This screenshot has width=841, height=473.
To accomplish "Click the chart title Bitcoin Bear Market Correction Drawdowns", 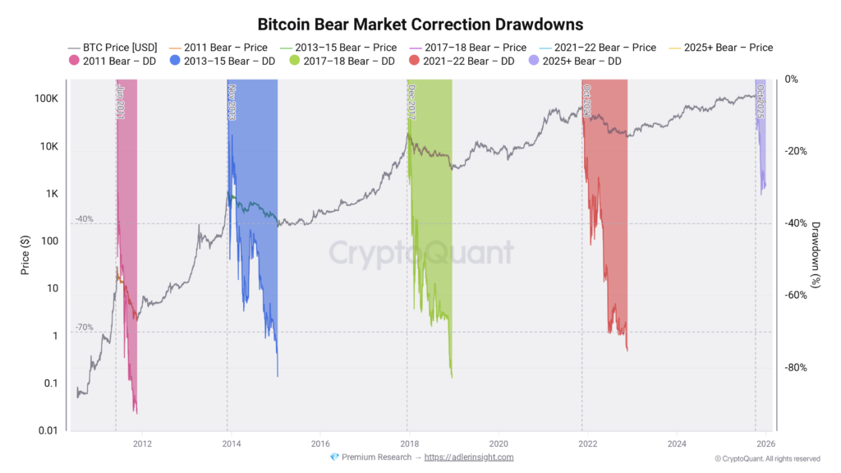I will tap(420, 24).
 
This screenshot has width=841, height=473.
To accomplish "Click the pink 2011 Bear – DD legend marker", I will tap(75, 62).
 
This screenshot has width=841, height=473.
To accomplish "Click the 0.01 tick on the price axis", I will tap(46, 431).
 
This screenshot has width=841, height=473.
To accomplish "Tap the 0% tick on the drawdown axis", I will tap(792, 80).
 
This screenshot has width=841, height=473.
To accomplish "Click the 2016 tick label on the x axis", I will tap(320, 444).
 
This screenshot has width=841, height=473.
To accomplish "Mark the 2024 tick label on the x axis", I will tap(677, 444).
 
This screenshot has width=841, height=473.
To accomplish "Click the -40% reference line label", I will tap(85, 219).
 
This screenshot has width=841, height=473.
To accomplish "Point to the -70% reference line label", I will tap(85, 328).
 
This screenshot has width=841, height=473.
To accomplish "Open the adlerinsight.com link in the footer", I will tap(468, 457).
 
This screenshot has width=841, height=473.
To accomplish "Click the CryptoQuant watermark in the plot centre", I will tap(421, 253).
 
